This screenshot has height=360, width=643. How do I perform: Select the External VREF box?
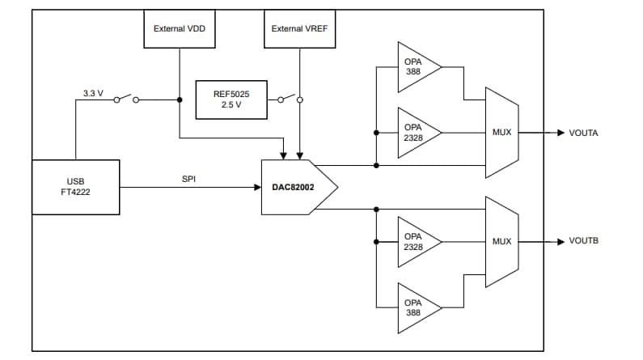(x=299, y=28)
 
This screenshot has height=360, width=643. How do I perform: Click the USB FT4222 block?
(x=75, y=187)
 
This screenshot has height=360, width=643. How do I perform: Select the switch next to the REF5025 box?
(x=288, y=100)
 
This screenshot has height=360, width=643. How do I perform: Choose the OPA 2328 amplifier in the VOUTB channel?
(x=416, y=241)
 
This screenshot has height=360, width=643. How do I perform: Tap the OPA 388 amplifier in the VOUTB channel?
(x=416, y=307)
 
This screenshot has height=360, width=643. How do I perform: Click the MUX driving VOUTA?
(x=501, y=133)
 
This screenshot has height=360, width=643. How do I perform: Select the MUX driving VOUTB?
(x=501, y=241)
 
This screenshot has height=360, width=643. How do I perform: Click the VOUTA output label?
(x=583, y=133)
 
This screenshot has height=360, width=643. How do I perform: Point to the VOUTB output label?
(x=583, y=241)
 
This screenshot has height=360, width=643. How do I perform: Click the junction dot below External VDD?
(x=178, y=100)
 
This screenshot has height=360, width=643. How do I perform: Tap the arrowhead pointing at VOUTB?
(x=560, y=241)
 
